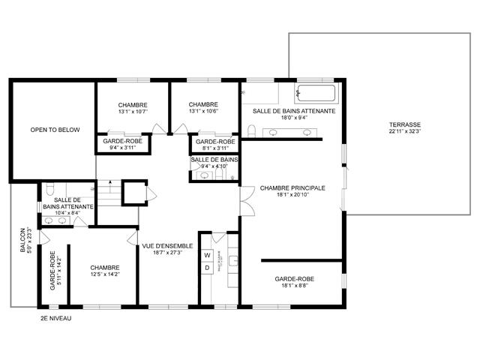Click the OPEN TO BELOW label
click(55, 130)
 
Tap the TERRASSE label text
click(404, 124)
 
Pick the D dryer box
click(207, 268)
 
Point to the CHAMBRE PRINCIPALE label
click(292, 187)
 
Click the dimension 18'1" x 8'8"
click(294, 286)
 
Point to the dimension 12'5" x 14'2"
click(105, 274)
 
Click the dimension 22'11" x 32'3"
click(404, 132)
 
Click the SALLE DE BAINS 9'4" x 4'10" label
click(214, 160)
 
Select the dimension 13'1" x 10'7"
click(133, 112)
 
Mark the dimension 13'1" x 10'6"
click(203, 112)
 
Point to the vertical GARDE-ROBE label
click(52, 273)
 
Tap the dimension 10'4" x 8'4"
click(67, 213)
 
